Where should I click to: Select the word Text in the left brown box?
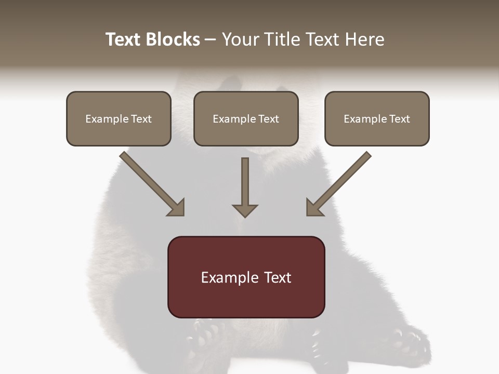141,119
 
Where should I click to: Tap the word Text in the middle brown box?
269,119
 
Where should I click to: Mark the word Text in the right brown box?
400,119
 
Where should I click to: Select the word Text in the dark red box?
278,278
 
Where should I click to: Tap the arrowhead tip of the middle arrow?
245,216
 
